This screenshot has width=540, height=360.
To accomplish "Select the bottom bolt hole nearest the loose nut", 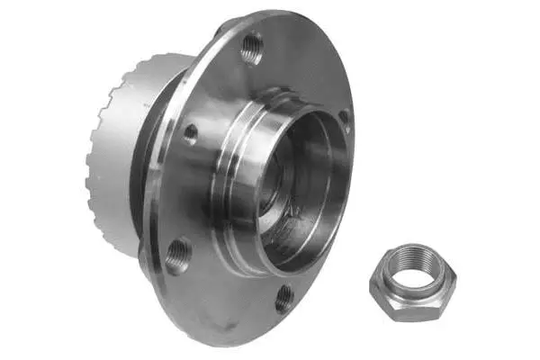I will [284, 297].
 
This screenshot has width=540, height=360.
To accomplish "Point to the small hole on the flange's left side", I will [191, 131].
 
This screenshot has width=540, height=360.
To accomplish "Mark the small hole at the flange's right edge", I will [344, 116].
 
